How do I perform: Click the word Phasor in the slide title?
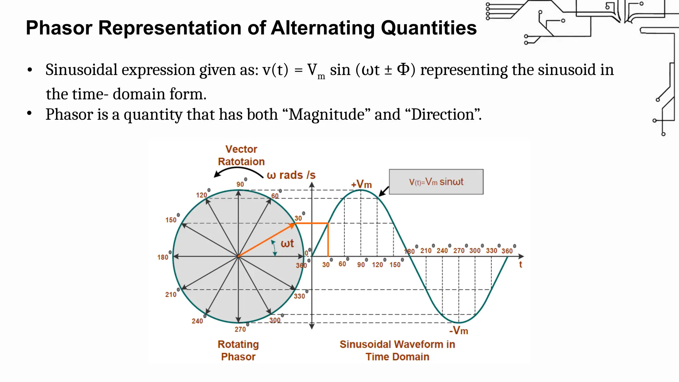pos(59,28)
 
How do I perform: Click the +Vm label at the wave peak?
pos(361,184)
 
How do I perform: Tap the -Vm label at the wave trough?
pos(459,331)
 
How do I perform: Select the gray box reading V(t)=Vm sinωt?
pos(436,182)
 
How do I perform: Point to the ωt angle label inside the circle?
pos(287,244)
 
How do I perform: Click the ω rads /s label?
pos(291,175)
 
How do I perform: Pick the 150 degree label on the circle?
pos(171,220)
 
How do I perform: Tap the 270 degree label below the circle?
pos(240,329)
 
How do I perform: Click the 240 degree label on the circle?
pos(197,321)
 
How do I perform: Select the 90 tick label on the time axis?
pos(361,265)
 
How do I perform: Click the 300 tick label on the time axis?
pos(475,251)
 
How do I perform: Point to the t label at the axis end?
pos(521,265)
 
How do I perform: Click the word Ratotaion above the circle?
pos(241,162)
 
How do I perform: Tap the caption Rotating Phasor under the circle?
pos(238,350)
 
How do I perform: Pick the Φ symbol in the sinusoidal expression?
pos(403,70)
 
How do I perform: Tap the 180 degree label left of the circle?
pos(163,257)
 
